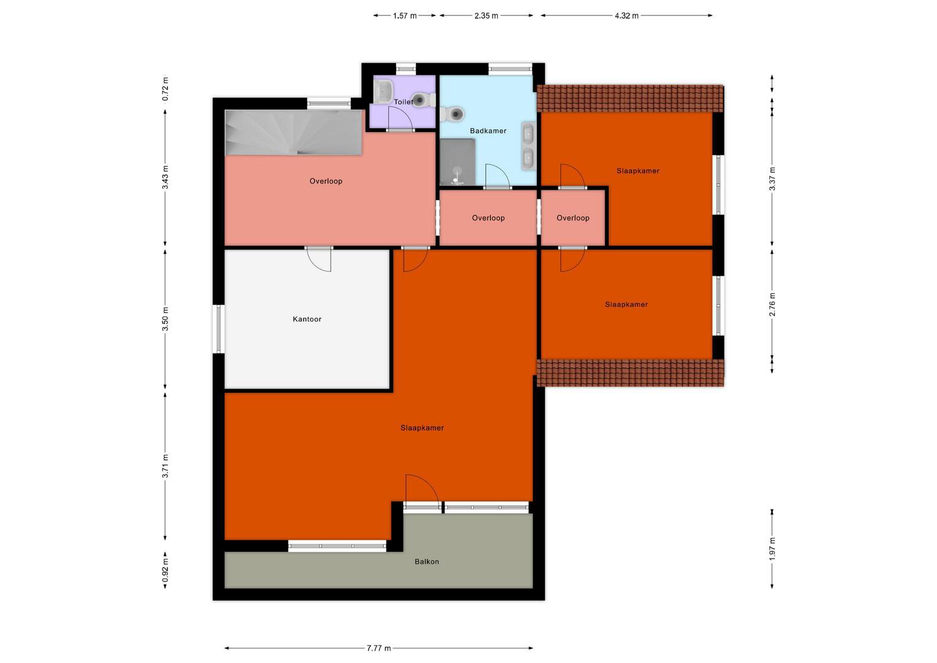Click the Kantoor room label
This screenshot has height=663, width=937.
click(307, 319)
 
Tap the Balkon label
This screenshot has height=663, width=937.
click(426, 561)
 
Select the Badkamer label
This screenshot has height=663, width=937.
click(488, 131)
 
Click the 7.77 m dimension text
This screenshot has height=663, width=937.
click(379, 648)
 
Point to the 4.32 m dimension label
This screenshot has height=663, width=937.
click(626, 16)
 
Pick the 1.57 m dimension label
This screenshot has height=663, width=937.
click(404, 16)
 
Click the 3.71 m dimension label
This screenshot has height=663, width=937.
click(166, 466)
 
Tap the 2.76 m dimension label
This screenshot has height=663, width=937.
click(772, 304)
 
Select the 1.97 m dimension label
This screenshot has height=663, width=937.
click(772, 549)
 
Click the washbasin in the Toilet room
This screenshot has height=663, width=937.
click(383, 91)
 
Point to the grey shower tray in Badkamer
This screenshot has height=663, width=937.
click(458, 162)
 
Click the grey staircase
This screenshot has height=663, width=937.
click(293, 132)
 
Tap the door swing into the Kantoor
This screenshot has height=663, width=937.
click(318, 260)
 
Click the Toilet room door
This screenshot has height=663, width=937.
click(400, 118)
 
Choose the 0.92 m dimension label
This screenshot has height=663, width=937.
click(166, 570)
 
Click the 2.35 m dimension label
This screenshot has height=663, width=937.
click(486, 16)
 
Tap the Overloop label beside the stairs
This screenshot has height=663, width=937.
click(326, 181)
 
